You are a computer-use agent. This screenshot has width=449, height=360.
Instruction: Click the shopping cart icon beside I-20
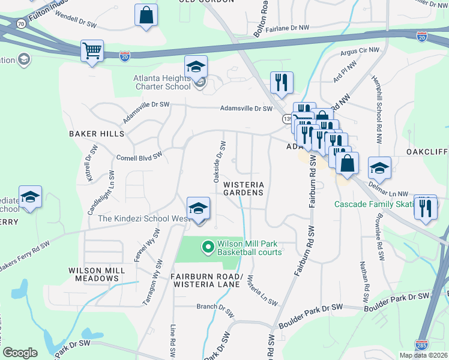[92, 50]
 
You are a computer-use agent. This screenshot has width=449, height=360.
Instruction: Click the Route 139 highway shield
[287, 119]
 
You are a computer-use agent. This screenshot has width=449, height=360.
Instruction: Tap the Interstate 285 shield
[421, 344]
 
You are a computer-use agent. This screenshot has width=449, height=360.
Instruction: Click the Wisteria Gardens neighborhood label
[243, 188]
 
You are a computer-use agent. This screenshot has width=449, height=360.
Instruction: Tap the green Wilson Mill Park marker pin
[208, 247]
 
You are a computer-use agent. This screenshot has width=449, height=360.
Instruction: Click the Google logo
[20, 353]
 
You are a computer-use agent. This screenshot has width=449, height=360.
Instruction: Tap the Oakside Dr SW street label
[220, 162]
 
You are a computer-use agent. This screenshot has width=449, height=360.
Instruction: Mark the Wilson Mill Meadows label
[97, 275]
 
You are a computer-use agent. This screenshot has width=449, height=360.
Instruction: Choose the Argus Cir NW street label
[360, 53]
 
